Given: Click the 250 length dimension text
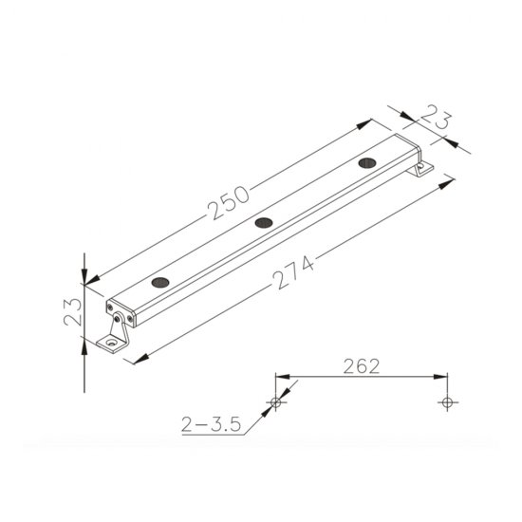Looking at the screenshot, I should pos(229,201).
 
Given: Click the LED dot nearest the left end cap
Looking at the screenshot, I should pos(160,282).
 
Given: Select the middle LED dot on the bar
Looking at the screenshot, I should pos(263,222).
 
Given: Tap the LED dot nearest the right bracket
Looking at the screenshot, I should pos(366,162).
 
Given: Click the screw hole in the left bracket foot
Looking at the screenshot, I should pos(112,343).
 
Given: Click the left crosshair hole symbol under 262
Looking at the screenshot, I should pos(276,402).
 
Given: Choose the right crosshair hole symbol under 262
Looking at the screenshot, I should pos(445,402).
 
